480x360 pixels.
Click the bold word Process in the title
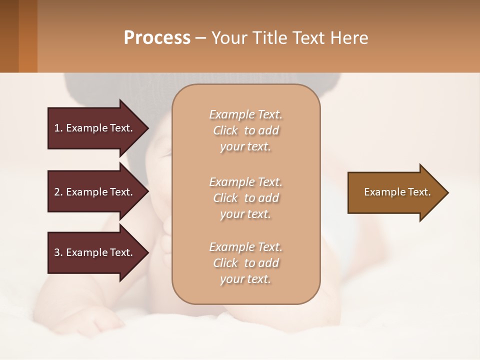(x=157, y=38)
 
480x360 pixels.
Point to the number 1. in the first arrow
(x=58, y=128)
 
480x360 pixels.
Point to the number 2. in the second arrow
(x=58, y=192)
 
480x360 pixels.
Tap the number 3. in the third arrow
(x=58, y=252)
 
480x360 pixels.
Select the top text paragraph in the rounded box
(x=245, y=130)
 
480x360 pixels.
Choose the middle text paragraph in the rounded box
(x=245, y=198)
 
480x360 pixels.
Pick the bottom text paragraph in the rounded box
(x=245, y=263)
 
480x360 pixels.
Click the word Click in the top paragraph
(x=225, y=131)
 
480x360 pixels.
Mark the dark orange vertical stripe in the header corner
(x=28, y=36)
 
